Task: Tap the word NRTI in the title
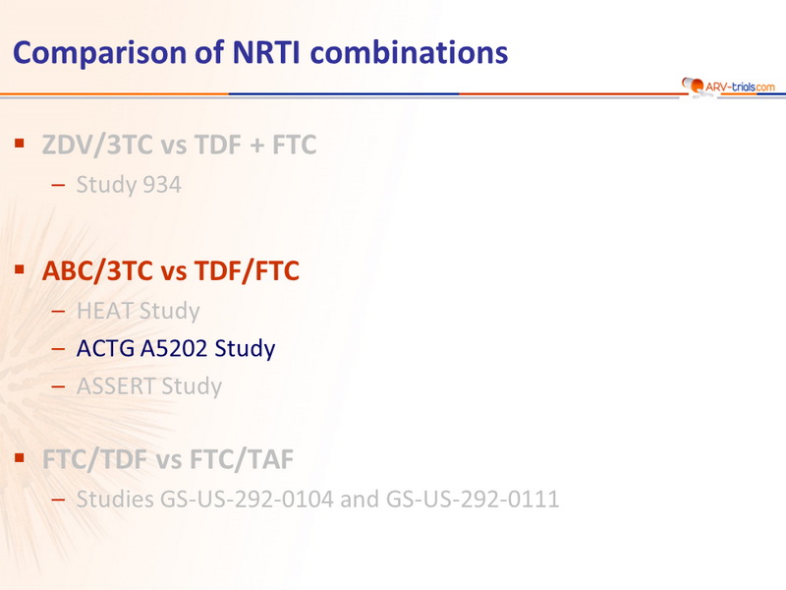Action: tap(266, 52)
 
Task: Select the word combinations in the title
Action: tap(409, 52)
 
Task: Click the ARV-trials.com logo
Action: tap(728, 87)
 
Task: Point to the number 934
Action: tap(161, 185)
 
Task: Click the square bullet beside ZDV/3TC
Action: tap(20, 144)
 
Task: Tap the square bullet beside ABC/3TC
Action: tap(20, 269)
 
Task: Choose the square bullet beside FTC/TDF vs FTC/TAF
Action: tap(20, 457)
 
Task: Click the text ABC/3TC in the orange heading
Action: tap(97, 271)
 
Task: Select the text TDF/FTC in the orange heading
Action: tap(247, 271)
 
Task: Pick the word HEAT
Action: tap(105, 311)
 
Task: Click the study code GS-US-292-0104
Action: tap(247, 500)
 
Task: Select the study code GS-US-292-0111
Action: tap(473, 500)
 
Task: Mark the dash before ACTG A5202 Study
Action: tap(58, 348)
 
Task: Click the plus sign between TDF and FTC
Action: tap(256, 146)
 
